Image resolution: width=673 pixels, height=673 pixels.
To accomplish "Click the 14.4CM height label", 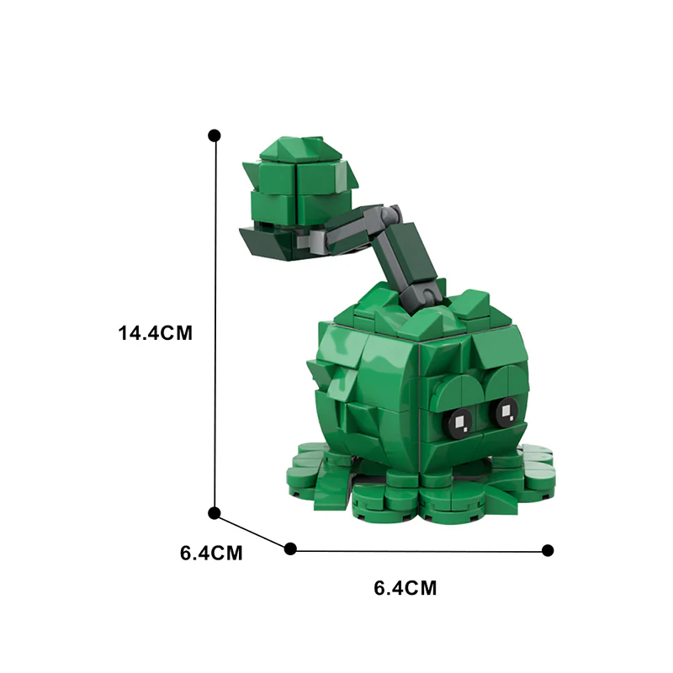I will tap(156, 332).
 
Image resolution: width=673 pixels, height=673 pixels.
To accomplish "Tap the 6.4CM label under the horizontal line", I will tap(405, 588).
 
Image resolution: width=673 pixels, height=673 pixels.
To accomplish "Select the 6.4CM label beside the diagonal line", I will tap(211, 553).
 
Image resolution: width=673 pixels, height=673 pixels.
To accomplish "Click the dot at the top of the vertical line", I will tap(215, 135).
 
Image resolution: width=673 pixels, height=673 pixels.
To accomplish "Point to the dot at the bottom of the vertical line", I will tap(215, 512).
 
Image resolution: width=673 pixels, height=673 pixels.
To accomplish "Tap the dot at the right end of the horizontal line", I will tap(548, 550).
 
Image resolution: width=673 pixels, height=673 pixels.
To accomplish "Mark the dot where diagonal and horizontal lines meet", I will tap(291, 548).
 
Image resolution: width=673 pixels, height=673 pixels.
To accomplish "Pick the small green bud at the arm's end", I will tap(299, 189).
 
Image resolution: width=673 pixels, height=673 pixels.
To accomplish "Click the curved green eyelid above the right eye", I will tap(502, 384).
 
